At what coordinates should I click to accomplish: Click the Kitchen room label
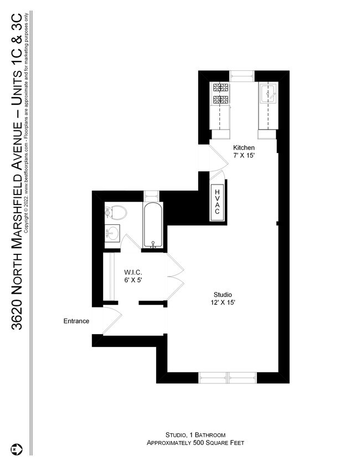(x=244, y=148)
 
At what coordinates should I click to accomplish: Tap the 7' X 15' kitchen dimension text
(x=244, y=156)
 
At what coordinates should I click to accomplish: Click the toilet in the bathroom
(x=116, y=212)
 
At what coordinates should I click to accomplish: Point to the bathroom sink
(x=112, y=232)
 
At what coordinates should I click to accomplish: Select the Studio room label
(x=223, y=294)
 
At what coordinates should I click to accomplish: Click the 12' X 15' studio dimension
(x=223, y=303)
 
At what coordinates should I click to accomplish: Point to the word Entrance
(x=76, y=321)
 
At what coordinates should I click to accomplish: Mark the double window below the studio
(x=228, y=377)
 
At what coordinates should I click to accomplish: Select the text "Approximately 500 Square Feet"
(x=195, y=443)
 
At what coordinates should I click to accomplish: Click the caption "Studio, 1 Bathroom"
(x=195, y=435)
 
